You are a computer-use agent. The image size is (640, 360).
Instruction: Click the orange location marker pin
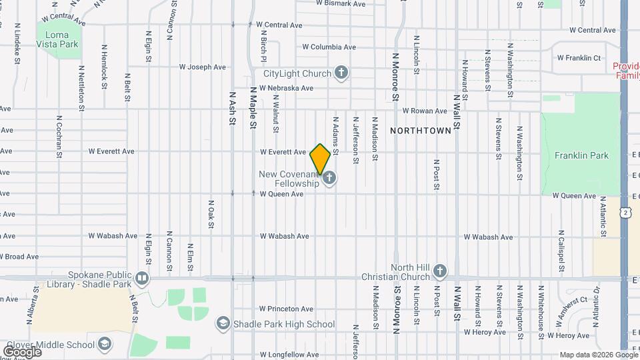320,159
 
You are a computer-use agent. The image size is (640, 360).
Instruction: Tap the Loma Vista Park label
62,39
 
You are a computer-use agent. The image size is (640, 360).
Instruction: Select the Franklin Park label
581,155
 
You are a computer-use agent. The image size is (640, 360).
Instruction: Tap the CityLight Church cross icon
341,73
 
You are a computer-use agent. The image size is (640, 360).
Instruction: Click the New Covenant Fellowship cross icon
329,178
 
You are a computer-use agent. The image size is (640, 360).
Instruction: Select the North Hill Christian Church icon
439,271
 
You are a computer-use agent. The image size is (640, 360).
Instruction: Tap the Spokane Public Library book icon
141,277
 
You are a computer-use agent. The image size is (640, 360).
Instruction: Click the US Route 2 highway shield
625,212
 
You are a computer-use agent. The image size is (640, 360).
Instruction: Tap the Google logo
22,351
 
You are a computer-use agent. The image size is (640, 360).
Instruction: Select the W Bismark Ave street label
341,4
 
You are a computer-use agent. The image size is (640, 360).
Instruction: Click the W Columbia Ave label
329,47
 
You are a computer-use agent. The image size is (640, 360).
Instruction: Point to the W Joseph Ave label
203,67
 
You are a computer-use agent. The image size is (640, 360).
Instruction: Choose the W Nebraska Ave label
286,88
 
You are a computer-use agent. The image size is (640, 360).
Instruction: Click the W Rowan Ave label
423,111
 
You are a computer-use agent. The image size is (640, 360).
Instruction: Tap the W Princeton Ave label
286,309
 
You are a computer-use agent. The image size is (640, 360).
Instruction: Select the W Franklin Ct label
579,58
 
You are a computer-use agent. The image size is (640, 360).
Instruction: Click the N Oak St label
211,213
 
